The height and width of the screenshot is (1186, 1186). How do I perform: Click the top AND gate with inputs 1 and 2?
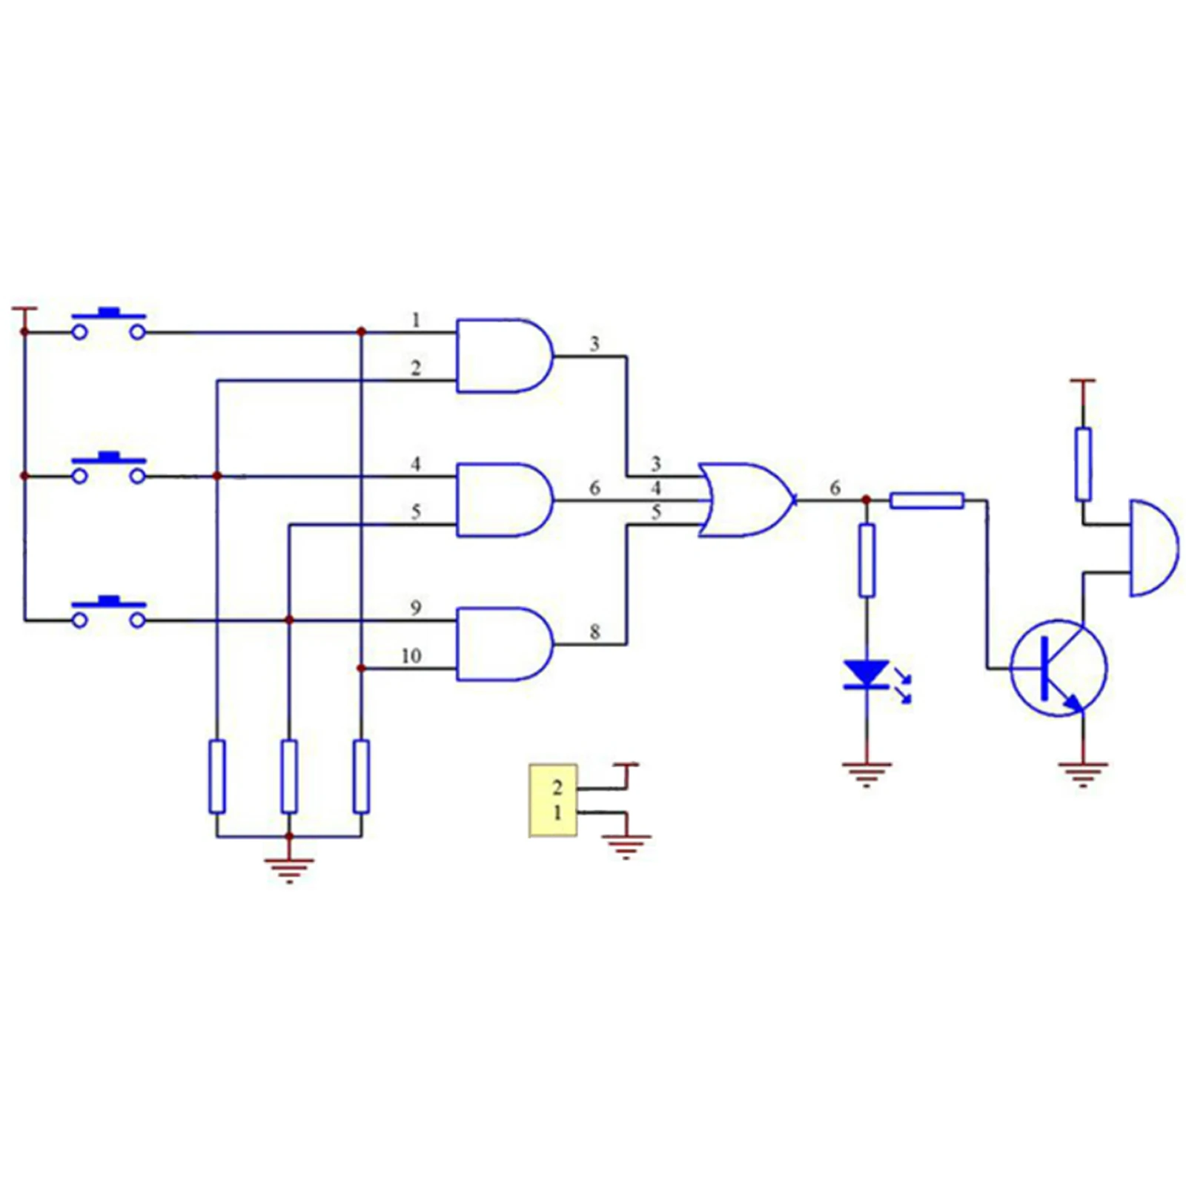504,356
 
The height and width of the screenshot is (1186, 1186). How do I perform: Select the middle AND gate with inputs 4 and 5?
504,500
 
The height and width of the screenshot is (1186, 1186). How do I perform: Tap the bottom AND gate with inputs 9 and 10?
504,644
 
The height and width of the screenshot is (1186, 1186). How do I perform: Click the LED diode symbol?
867,675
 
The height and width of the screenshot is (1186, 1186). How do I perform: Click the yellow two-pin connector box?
553,801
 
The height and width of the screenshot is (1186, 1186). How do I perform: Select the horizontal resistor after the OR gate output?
927,500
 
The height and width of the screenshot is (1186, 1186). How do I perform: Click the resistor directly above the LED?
867,560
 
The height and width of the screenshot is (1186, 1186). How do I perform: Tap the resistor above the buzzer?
1083,464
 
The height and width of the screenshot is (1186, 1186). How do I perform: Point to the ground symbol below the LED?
867,774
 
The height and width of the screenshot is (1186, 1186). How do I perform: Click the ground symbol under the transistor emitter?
1083,774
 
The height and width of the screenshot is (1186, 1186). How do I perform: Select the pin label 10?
411,656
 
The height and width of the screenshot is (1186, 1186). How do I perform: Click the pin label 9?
416,609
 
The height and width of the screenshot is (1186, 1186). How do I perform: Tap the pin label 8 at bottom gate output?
594,632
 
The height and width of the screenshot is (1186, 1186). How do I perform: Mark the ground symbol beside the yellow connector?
626,846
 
